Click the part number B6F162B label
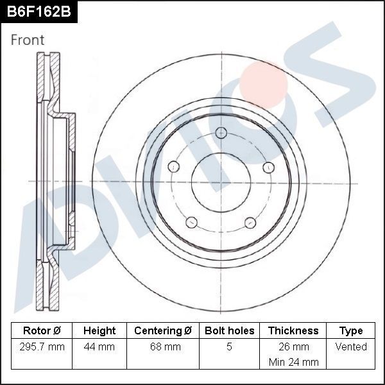point(38,12)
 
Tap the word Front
point(28,40)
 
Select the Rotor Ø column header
point(42,331)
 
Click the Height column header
point(99,331)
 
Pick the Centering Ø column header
point(163,331)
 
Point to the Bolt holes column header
point(229,331)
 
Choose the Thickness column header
point(293,331)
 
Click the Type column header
point(351,331)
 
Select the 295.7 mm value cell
point(42,347)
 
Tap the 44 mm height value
point(99,347)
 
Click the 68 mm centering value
point(163,347)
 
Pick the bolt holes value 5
point(229,347)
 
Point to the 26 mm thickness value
point(293,347)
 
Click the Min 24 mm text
point(293,362)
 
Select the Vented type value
point(351,347)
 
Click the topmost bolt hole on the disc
point(221,133)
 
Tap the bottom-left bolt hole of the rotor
point(191,223)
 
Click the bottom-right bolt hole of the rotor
point(250,223)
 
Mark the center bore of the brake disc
point(221,182)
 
